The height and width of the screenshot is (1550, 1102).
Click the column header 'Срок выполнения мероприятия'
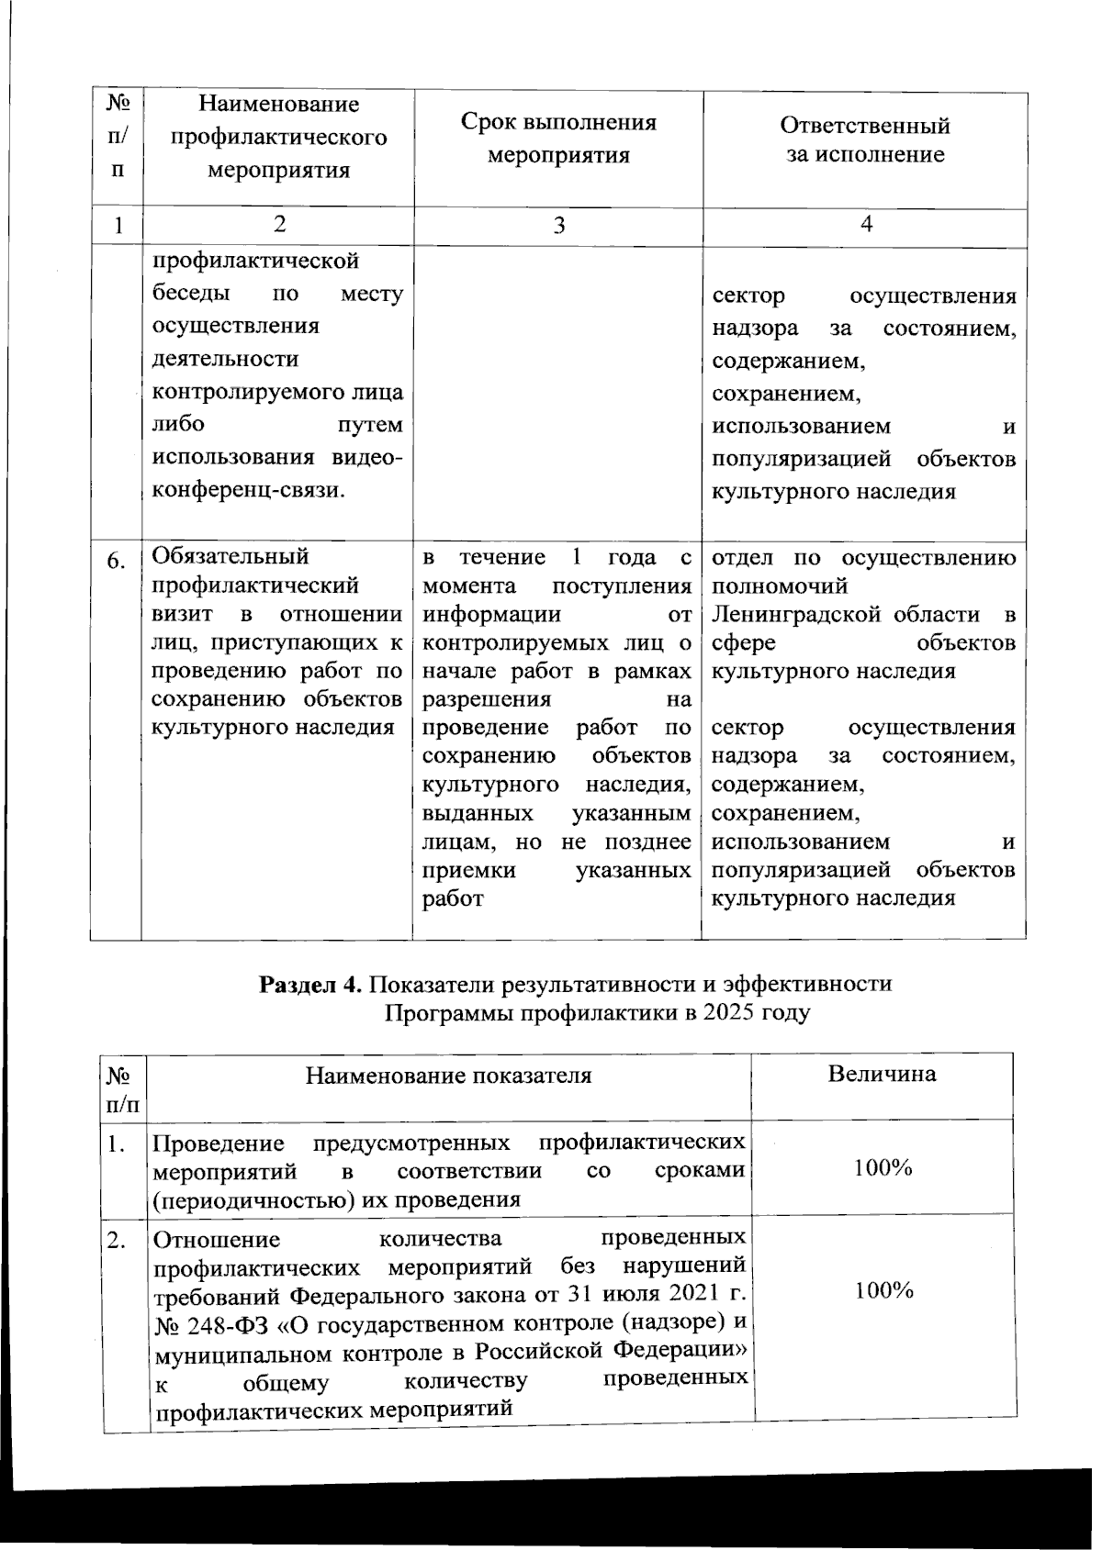coord(558,139)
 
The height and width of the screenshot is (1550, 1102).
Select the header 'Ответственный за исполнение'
coord(865,139)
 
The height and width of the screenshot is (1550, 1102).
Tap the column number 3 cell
coord(558,227)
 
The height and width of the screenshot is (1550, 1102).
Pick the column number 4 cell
coord(865,226)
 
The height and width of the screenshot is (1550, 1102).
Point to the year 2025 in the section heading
coord(731,1013)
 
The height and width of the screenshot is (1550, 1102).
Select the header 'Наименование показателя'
coord(448,1075)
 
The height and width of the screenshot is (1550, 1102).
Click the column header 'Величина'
coord(882,1074)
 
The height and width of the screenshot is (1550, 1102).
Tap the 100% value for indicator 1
coord(883,1168)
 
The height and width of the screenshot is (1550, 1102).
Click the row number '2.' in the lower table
coord(116,1242)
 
